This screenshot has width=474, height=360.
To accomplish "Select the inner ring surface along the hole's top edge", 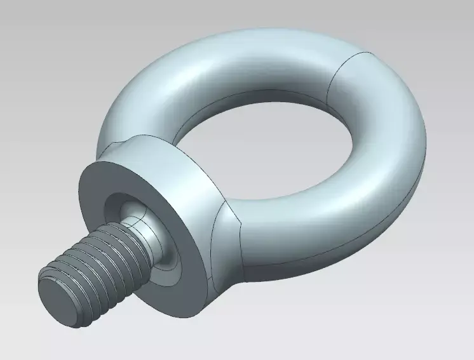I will click(254, 100).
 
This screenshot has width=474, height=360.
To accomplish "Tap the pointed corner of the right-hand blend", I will click(242, 220).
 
